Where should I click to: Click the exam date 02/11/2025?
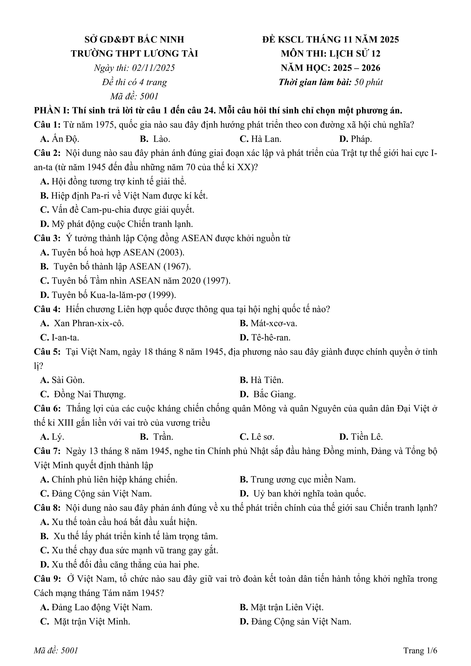(153, 68)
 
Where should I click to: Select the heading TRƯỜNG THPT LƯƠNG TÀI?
(135, 54)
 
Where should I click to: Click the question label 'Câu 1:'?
(47, 125)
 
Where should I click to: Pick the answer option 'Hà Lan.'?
(266, 139)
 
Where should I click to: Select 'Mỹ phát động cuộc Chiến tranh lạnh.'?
(122, 224)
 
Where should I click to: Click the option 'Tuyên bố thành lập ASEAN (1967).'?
(122, 267)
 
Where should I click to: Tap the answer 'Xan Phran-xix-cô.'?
(89, 324)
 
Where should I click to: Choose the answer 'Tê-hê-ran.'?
(270, 338)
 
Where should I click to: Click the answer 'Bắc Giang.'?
(274, 395)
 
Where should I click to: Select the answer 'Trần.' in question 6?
(163, 437)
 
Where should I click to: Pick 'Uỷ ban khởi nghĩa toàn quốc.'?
(309, 494)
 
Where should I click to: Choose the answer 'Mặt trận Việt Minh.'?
(92, 622)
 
